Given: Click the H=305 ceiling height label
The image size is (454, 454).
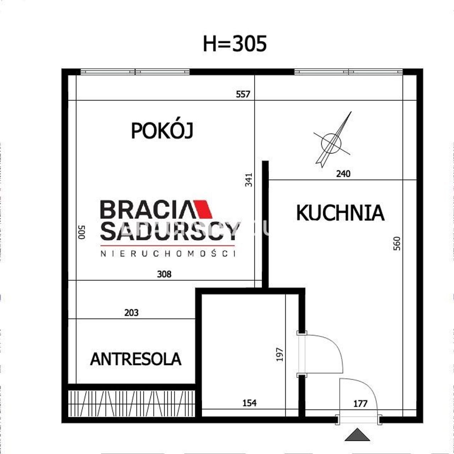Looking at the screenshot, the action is click(x=235, y=44).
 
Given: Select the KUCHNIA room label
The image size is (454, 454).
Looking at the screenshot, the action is click(x=340, y=213).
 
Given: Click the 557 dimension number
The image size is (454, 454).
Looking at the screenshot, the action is click(x=243, y=94).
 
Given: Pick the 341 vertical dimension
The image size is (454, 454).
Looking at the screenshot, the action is click(x=249, y=180).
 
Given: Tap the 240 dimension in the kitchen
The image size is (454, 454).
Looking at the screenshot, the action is click(x=343, y=174).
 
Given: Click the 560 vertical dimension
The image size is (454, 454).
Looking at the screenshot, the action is click(x=397, y=243).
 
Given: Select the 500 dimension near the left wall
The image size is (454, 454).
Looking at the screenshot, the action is click(x=82, y=232).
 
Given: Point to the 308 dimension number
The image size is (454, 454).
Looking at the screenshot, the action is click(x=164, y=274).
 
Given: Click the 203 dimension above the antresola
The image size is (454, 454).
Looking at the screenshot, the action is click(x=132, y=313).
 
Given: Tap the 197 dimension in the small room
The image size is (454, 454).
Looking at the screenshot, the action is click(x=279, y=355).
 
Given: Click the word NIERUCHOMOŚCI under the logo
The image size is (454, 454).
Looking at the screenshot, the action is click(x=168, y=254).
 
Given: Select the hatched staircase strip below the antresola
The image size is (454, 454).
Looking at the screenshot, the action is click(x=132, y=403).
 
